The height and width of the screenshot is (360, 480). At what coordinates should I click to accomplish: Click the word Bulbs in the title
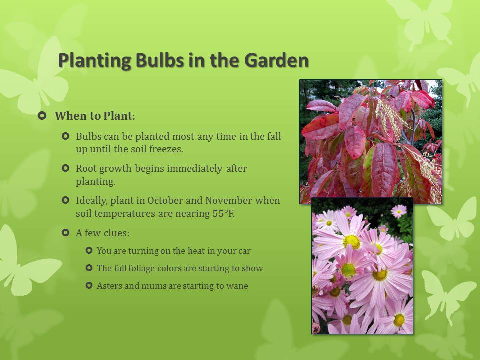tap(160, 60)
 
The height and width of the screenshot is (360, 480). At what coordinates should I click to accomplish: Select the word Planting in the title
tap(95, 61)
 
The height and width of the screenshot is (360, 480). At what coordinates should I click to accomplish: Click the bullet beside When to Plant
tap(42, 116)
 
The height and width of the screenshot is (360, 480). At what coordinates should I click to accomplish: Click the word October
tap(165, 200)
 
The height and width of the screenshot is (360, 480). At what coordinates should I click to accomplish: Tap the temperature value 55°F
tap(224, 213)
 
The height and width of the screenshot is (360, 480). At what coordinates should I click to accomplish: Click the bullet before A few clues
tap(66, 233)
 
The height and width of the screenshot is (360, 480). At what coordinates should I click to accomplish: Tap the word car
tap(244, 251)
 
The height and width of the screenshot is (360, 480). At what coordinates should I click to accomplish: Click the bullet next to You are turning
tap(89, 251)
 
